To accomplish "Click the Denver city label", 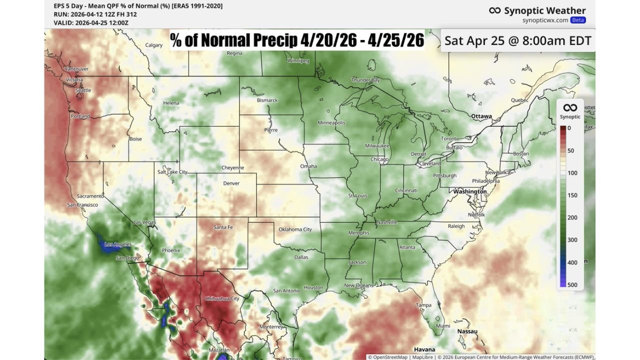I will pyautogui.click(x=231, y=183).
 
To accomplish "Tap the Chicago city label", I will pyautogui.click(x=379, y=159).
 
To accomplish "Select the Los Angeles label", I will pyautogui.click(x=117, y=244).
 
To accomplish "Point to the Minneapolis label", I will pyautogui.click(x=331, y=123).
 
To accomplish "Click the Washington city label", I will pyautogui.click(x=469, y=191).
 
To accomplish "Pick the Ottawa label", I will pyautogui.click(x=481, y=116).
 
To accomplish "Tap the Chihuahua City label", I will pyautogui.click(x=222, y=298).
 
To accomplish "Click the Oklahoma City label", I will pyautogui.click(x=295, y=229).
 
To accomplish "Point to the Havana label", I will pyautogui.click(x=424, y=349).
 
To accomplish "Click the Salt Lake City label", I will pyautogui.click(x=172, y=172).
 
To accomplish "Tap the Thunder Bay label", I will pyautogui.click(x=365, y=80).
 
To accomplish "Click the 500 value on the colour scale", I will pyautogui.click(x=572, y=285).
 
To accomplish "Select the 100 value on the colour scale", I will pyautogui.click(x=572, y=173).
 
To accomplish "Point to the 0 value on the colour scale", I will pyautogui.click(x=569, y=128).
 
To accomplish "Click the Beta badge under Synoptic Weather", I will pyautogui.click(x=578, y=20).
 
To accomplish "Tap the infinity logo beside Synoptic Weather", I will pyautogui.click(x=494, y=10).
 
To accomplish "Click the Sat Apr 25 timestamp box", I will pyautogui.click(x=517, y=40).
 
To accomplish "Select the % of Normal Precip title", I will pyautogui.click(x=297, y=40).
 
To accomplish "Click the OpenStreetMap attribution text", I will pyautogui.click(x=388, y=357).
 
